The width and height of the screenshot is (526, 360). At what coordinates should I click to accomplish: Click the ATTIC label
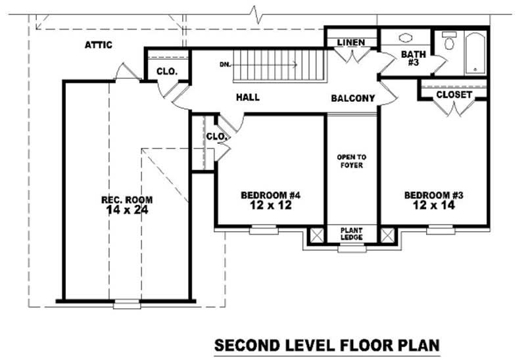(x=99, y=45)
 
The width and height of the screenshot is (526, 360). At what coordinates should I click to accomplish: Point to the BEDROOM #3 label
(x=434, y=195)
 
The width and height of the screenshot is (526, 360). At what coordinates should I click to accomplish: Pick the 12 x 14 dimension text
(x=434, y=206)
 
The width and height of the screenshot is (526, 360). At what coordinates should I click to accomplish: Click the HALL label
(x=248, y=97)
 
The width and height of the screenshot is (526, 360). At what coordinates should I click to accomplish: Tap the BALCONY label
(x=352, y=99)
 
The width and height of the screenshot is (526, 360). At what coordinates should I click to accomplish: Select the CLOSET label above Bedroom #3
(x=454, y=95)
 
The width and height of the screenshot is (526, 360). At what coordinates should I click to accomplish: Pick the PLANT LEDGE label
(x=351, y=234)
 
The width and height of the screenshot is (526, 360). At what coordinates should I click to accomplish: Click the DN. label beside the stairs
(x=225, y=64)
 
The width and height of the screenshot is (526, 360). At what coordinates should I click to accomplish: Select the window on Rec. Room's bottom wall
(x=126, y=304)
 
